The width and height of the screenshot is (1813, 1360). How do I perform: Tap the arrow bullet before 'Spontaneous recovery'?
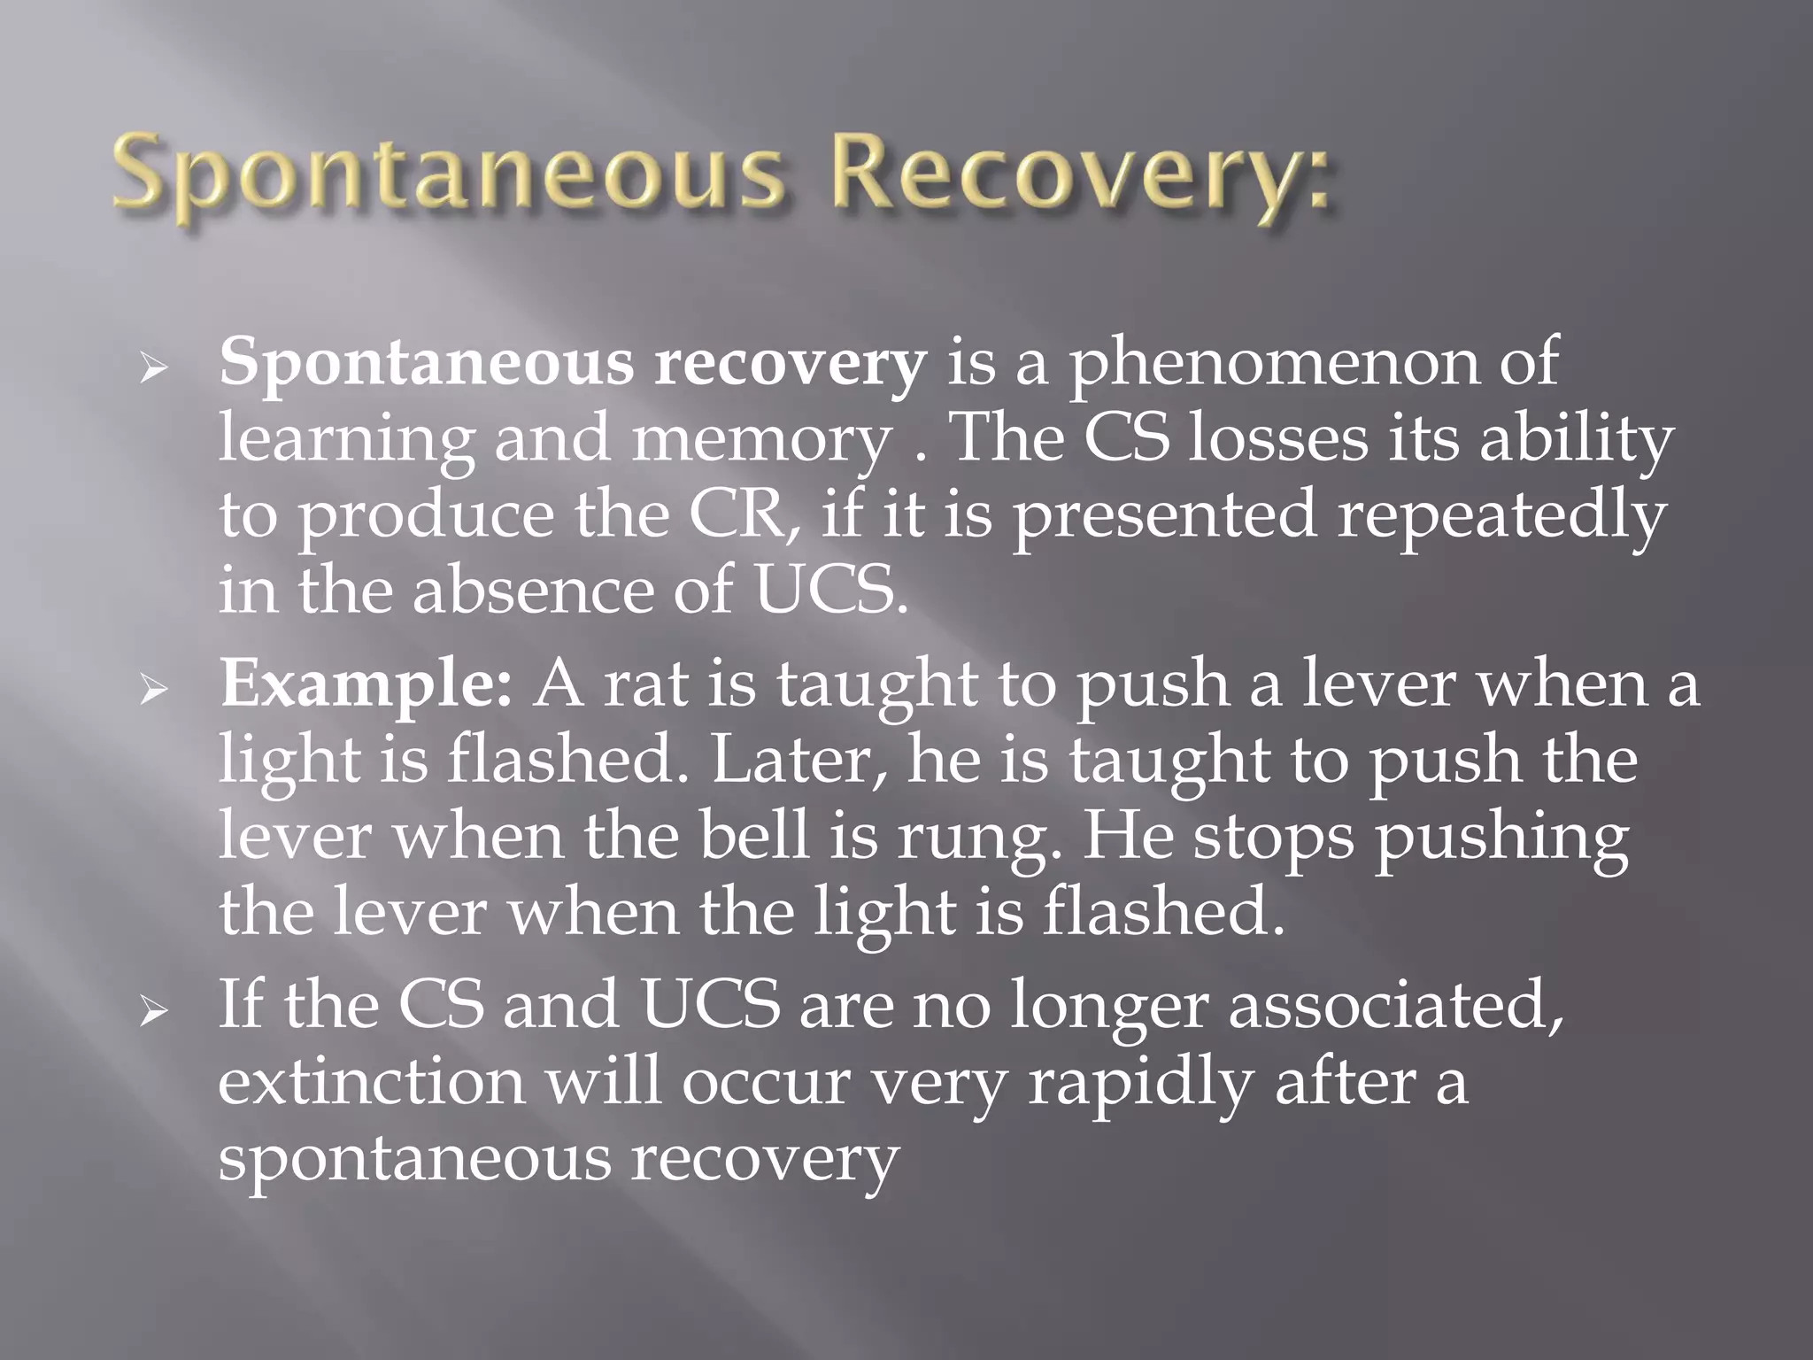click(x=152, y=367)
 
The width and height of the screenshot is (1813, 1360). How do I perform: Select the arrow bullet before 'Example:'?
click(x=152, y=688)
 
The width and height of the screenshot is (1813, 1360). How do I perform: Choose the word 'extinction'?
click(x=372, y=1082)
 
